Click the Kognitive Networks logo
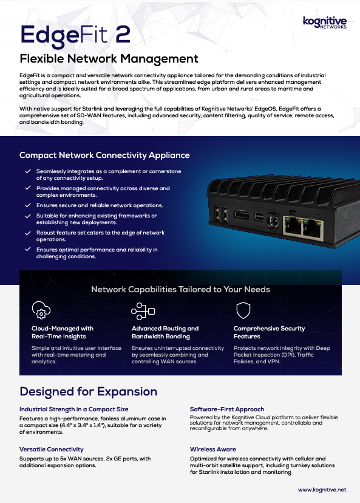325,22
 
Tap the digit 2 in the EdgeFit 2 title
123,34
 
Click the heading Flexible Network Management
109,59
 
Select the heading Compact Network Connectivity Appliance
104,156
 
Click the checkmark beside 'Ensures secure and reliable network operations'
28,205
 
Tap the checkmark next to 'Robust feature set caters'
28,233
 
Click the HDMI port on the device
242,214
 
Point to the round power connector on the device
272,221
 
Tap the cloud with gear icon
41,310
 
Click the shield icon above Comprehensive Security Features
243,310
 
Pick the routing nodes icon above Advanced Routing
143,311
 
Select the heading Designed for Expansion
89,392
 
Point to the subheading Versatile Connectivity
51,450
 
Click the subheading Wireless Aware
213,450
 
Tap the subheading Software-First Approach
227,409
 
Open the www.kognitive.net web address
322,490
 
